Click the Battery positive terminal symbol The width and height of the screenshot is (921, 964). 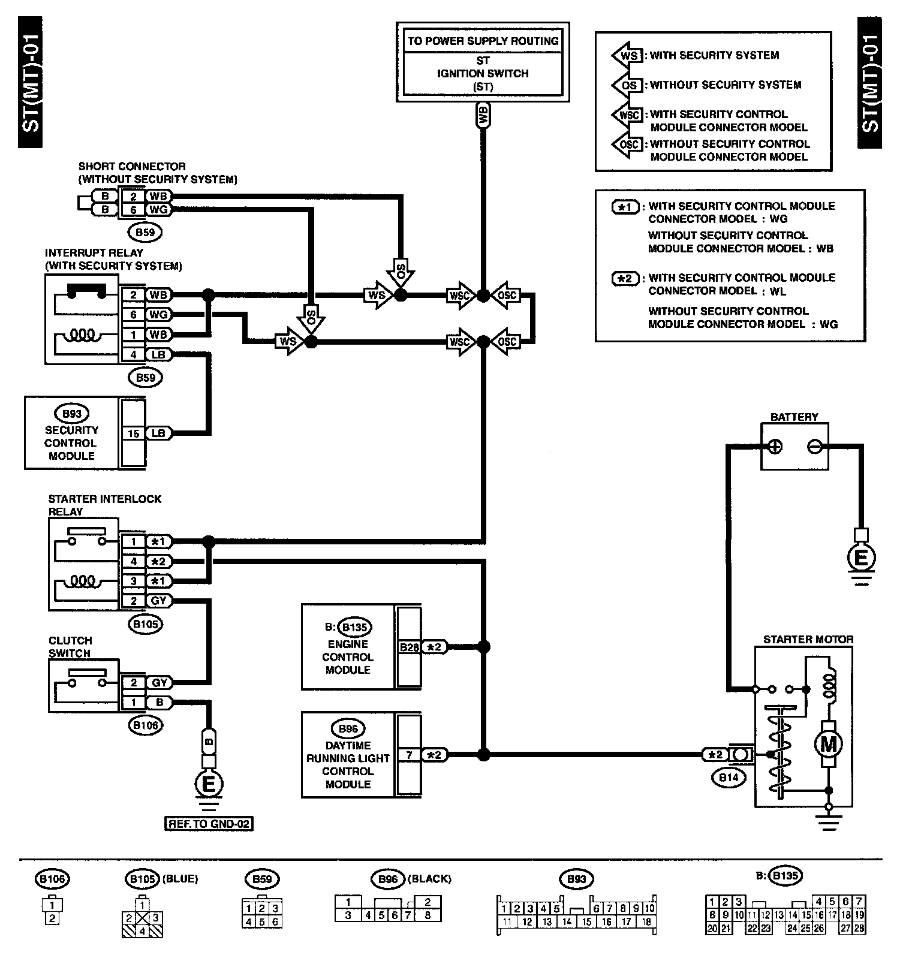pyautogui.click(x=775, y=447)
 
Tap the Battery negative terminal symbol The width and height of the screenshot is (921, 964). pyautogui.click(x=814, y=447)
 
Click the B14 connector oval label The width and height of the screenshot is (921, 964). pyautogui.click(x=729, y=778)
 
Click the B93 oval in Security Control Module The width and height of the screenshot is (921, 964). pyautogui.click(x=71, y=414)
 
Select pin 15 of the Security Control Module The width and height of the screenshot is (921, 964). pyautogui.click(x=133, y=433)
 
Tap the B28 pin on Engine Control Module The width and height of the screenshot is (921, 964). pyautogui.click(x=409, y=647)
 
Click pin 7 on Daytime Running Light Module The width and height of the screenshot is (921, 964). pyautogui.click(x=409, y=755)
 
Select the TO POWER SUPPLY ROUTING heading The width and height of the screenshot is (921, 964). pyautogui.click(x=483, y=41)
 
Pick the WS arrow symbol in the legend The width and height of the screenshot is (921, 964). pyautogui.click(x=628, y=56)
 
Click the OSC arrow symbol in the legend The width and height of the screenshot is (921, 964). pyautogui.click(x=628, y=144)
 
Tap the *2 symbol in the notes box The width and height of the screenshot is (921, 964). pyautogui.click(x=625, y=279)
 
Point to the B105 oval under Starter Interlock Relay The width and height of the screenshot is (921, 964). pyautogui.click(x=146, y=624)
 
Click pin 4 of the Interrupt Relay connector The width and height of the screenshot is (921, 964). pyautogui.click(x=133, y=355)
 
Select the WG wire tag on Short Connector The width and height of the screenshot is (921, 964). pyautogui.click(x=159, y=210)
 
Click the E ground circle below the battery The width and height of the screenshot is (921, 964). pyautogui.click(x=860, y=558)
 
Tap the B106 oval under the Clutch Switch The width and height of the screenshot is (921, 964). pyautogui.click(x=146, y=725)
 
